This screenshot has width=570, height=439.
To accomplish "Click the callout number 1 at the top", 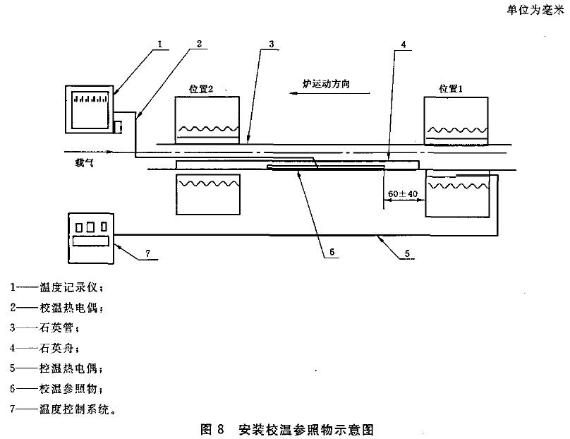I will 161,44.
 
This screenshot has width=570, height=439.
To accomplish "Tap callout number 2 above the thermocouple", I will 200,44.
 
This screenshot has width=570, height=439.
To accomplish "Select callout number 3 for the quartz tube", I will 270,44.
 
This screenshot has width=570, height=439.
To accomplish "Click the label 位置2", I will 202,90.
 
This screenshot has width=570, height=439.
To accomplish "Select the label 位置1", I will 450,89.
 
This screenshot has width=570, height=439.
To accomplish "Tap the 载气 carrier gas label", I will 85,162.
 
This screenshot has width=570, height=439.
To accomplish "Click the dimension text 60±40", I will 403,193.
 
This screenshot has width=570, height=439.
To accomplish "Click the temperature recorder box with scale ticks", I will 88,108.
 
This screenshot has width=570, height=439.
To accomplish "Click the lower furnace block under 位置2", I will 208,195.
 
